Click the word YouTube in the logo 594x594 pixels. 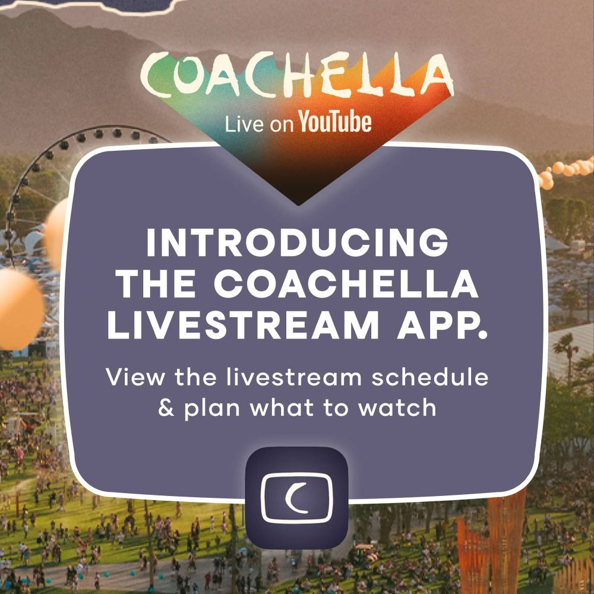[334, 122]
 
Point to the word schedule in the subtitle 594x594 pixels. [429, 377]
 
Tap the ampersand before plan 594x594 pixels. [166, 407]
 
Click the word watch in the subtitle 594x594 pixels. [397, 407]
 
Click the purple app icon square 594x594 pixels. [296, 497]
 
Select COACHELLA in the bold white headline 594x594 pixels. [346, 284]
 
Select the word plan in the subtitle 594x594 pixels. [212, 409]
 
